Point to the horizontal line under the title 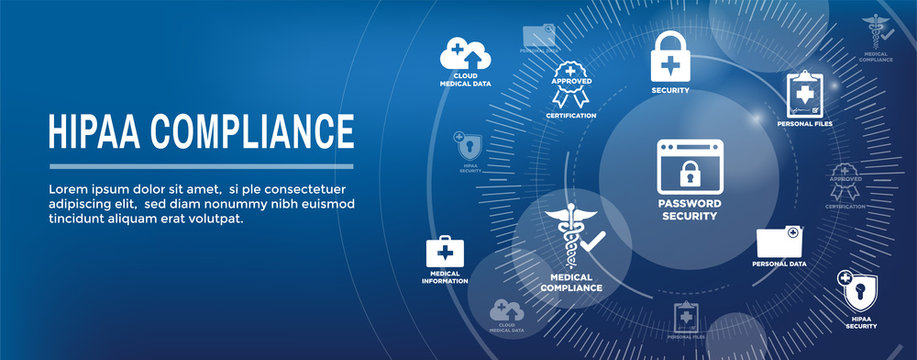point(201,166)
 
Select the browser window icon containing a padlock point(690,167)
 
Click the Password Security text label point(689,211)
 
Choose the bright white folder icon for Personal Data point(779,242)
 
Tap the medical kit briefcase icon point(444,251)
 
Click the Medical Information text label point(444,278)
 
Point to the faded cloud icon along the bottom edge point(506,311)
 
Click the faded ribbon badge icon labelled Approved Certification point(845,180)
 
